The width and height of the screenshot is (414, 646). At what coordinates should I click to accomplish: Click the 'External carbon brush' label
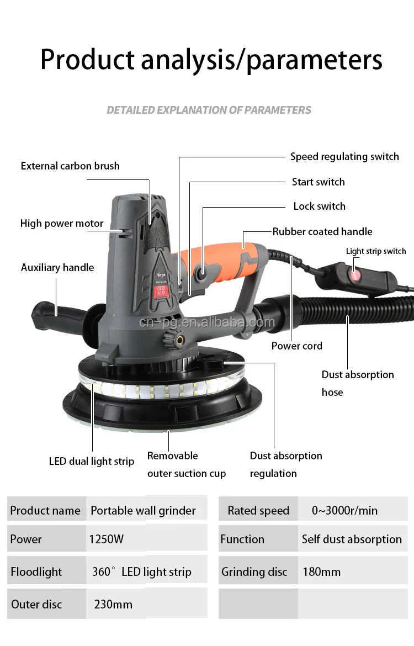click(x=70, y=166)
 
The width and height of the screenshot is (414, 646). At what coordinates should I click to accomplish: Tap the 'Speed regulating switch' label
click(x=344, y=157)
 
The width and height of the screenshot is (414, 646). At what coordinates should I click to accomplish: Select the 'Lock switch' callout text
click(x=319, y=206)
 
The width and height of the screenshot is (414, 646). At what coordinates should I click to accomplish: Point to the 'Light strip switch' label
click(x=376, y=251)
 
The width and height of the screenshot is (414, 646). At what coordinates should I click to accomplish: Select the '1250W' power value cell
click(x=107, y=539)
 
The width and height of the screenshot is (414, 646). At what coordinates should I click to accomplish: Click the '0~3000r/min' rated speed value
click(x=344, y=511)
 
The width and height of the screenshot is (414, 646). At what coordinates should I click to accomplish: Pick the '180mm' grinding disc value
click(x=321, y=572)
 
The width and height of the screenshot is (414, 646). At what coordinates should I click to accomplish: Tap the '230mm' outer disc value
click(x=113, y=605)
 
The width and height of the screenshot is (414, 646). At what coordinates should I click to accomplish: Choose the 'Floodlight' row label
click(x=36, y=572)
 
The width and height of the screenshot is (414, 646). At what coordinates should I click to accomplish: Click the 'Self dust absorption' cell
click(x=352, y=539)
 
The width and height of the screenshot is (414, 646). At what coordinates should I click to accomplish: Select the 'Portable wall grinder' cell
click(x=143, y=511)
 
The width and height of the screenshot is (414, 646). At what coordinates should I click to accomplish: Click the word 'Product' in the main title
click(x=87, y=60)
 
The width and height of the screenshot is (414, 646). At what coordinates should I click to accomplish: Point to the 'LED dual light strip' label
click(x=92, y=462)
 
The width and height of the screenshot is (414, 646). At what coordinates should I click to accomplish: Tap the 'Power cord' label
click(x=296, y=346)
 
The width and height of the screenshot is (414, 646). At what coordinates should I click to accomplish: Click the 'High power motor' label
click(x=62, y=224)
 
